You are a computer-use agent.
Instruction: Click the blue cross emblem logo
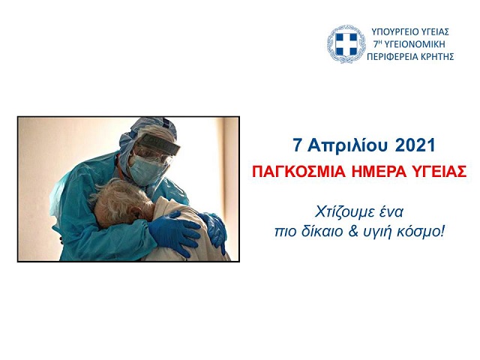point(346,44)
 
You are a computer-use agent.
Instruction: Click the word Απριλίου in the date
point(348,145)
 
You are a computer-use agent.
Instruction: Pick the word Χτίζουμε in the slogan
point(340,212)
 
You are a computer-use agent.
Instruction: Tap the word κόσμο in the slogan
point(424,232)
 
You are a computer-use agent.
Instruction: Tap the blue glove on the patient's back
point(172,230)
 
